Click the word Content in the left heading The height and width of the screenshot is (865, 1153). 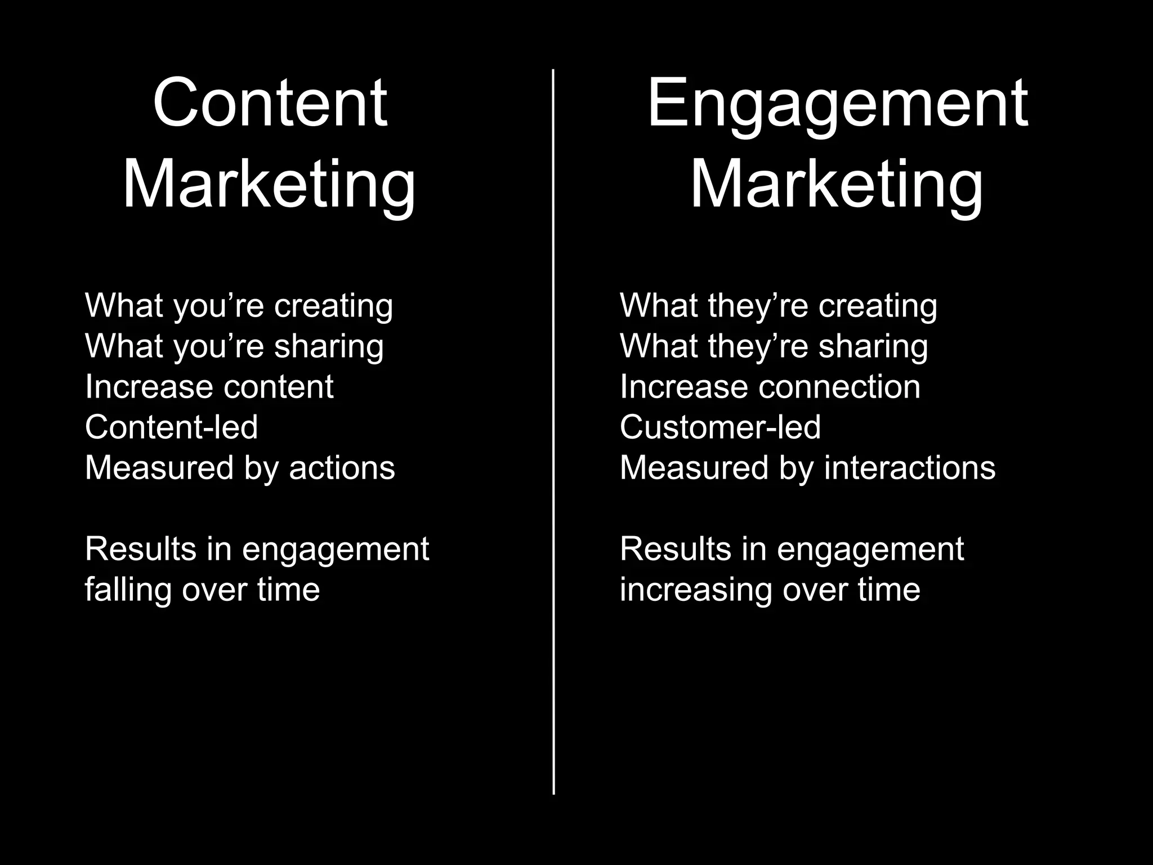click(270, 103)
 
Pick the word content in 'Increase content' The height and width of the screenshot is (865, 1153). click(279, 387)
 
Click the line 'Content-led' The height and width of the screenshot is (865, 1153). click(171, 427)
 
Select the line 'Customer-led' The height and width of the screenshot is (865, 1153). click(720, 427)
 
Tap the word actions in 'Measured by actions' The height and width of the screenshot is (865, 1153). click(342, 468)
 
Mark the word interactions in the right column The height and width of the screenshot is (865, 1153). click(910, 468)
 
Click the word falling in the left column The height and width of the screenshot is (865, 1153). click(128, 590)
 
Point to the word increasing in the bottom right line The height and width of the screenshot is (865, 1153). click(696, 590)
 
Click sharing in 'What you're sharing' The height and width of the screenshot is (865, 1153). click(329, 346)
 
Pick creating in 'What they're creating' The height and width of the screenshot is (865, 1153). click(878, 306)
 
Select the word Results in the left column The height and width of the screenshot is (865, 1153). click(140, 549)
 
